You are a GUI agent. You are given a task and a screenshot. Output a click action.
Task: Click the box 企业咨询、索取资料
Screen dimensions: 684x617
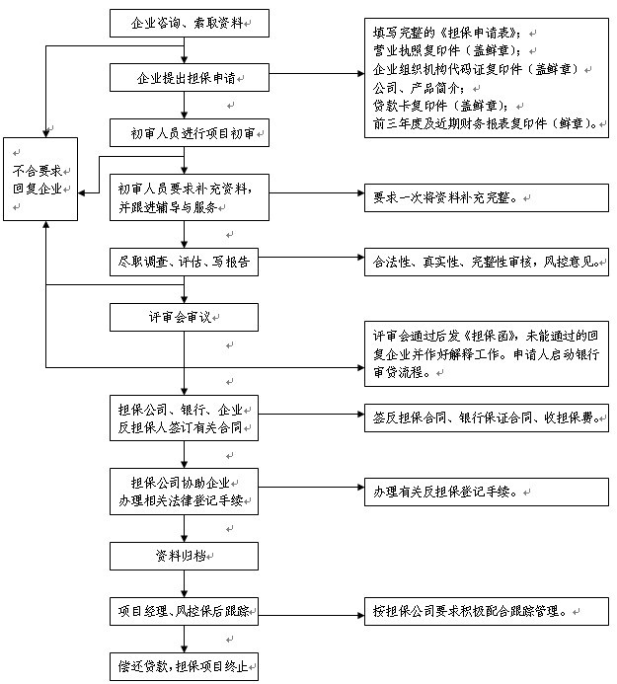click(185, 22)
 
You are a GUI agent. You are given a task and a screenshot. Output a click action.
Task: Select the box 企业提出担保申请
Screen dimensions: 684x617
click(185, 76)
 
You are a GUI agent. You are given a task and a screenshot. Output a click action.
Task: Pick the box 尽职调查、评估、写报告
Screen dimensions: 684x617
click(185, 262)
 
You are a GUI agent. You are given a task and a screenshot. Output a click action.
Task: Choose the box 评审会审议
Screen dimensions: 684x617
click(185, 317)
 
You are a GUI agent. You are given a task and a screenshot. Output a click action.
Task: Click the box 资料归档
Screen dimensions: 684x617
click(185, 557)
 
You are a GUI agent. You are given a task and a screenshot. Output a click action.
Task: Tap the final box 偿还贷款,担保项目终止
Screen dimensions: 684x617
click(185, 665)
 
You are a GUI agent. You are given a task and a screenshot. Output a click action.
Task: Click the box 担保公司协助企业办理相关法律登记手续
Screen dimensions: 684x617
click(185, 491)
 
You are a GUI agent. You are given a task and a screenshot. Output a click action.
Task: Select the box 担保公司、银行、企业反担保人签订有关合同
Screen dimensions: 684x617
click(185, 418)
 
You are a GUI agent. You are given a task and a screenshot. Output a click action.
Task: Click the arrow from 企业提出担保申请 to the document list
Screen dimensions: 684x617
click(311, 75)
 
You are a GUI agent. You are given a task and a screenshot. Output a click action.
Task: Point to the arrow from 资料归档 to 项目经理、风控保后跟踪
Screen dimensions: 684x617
click(185, 583)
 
